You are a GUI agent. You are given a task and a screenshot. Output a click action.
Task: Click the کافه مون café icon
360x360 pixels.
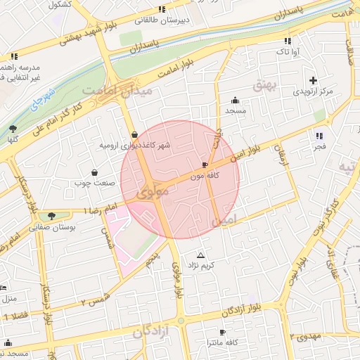tap(205, 165)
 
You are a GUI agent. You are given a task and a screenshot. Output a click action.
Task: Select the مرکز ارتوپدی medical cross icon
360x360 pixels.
tap(313, 81)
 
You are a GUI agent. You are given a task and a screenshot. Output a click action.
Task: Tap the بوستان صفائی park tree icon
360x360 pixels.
tap(51, 216)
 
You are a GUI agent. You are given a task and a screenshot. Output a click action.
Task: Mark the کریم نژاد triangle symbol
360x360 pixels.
tap(202, 255)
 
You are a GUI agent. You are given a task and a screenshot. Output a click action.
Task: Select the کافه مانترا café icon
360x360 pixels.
tap(223, 332)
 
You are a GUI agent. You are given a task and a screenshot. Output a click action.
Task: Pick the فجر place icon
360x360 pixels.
tap(320, 136)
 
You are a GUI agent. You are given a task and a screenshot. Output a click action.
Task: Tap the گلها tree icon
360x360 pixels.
tap(13, 129)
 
